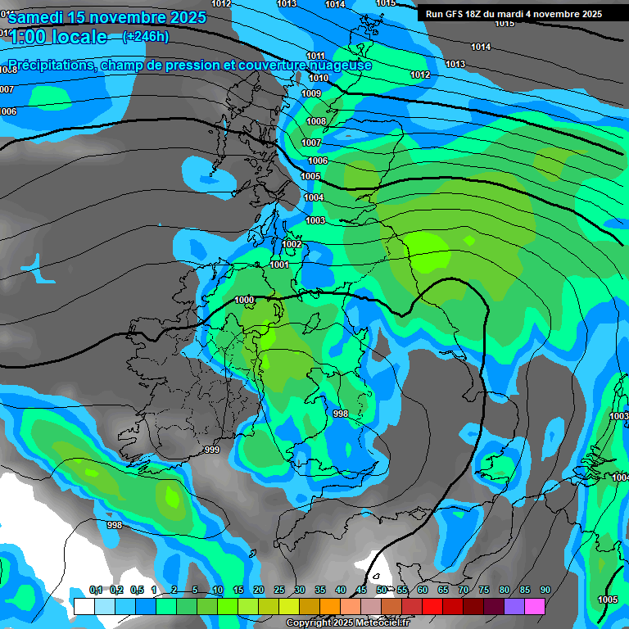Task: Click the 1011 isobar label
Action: click(315, 56)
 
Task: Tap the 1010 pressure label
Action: click(319, 79)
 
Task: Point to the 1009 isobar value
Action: click(311, 94)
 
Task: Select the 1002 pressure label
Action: click(292, 245)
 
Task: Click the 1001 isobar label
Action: click(279, 265)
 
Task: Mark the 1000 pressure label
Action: click(244, 301)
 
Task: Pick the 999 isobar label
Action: click(212, 450)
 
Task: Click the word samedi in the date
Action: click(41, 17)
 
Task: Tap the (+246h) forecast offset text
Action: click(145, 36)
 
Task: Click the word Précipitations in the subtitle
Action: click(50, 66)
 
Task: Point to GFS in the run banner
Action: click(455, 14)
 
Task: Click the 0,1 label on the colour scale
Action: click(96, 591)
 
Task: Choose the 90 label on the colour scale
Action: click(545, 591)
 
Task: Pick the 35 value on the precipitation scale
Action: click(320, 591)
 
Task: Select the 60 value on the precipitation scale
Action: click(423, 591)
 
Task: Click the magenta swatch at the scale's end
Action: click(535, 606)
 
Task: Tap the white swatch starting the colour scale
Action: click(84, 606)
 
